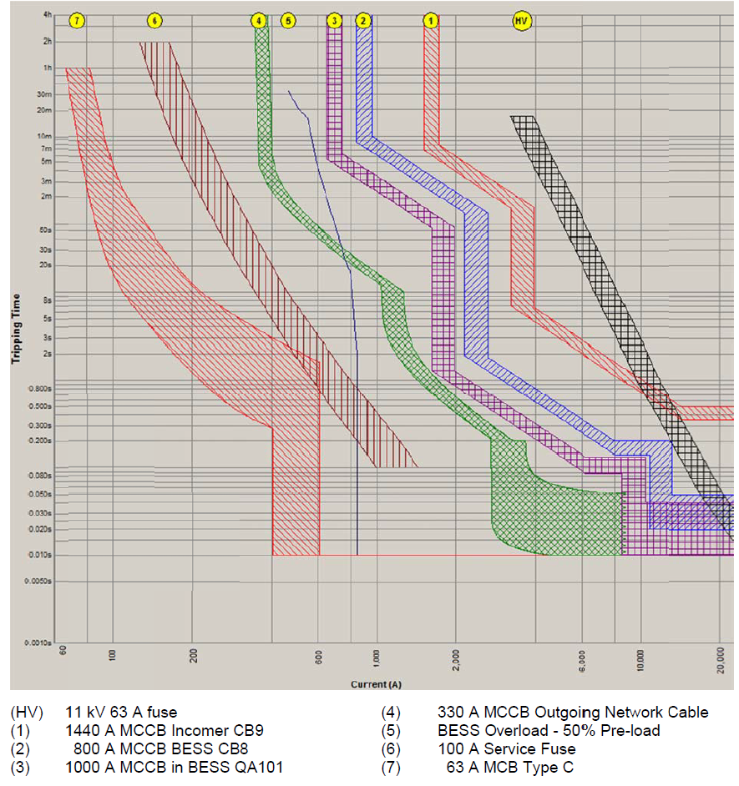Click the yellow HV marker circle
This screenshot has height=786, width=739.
pyautogui.click(x=523, y=20)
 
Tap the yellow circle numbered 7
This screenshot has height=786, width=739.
pyautogui.click(x=77, y=20)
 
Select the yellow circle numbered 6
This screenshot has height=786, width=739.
pyautogui.click(x=154, y=20)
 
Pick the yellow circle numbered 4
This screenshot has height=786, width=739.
pyautogui.click(x=260, y=20)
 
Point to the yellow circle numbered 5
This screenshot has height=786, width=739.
pyautogui.click(x=288, y=20)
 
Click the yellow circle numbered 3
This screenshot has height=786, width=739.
pyautogui.click(x=335, y=20)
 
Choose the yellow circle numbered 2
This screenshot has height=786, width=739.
pyautogui.click(x=362, y=20)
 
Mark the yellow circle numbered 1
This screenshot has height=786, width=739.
pyautogui.click(x=431, y=20)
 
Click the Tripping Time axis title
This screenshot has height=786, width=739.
pyautogui.click(x=15, y=328)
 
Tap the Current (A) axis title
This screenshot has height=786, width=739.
pyautogui.click(x=376, y=684)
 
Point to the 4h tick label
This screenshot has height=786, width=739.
pyautogui.click(x=48, y=15)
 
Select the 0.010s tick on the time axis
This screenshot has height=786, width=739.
pyautogui.click(x=41, y=555)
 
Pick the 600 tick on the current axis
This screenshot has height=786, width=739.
pyautogui.click(x=318, y=656)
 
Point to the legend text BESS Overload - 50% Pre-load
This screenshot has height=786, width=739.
pyautogui.click(x=549, y=731)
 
